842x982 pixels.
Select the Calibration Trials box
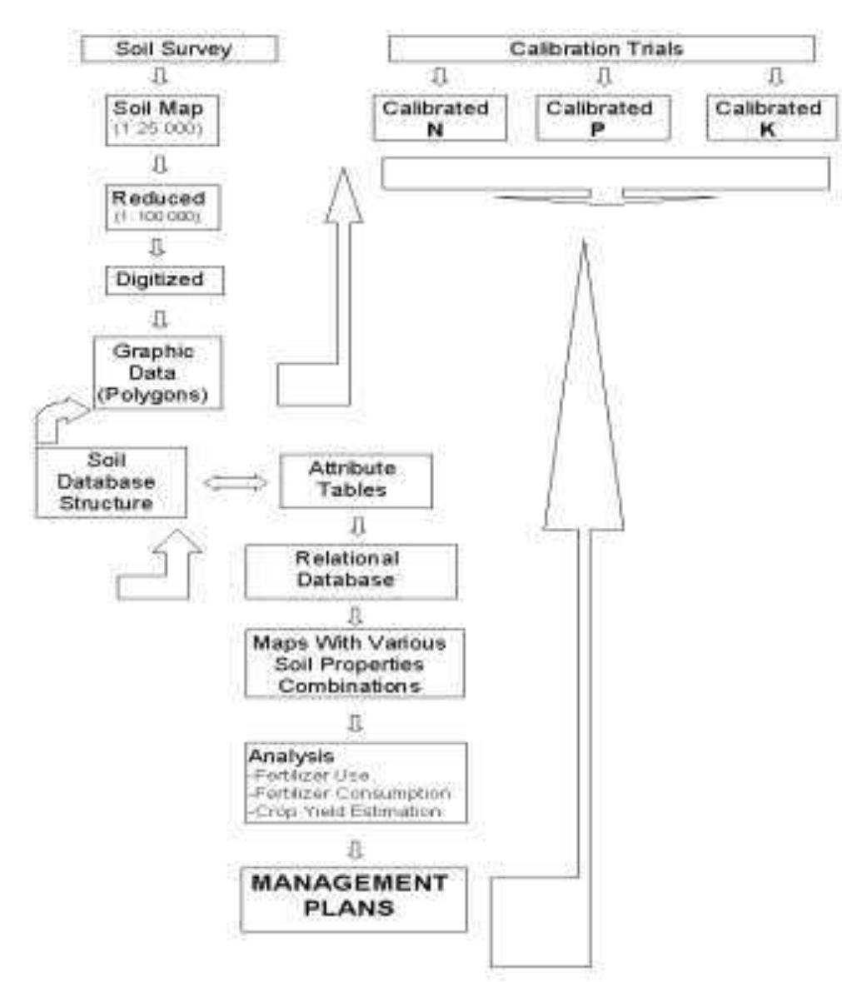(x=600, y=48)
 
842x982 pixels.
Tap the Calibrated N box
(x=435, y=119)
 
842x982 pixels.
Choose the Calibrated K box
(x=770, y=119)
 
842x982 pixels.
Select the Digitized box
(x=165, y=279)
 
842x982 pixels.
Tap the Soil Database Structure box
(x=110, y=482)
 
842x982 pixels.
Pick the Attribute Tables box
(x=356, y=480)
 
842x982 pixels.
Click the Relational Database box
(x=350, y=570)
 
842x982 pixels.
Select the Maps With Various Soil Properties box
(x=354, y=664)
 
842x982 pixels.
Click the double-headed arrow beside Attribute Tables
(x=235, y=483)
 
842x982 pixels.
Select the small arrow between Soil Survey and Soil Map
(x=162, y=77)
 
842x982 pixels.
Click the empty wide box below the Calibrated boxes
(x=605, y=174)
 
